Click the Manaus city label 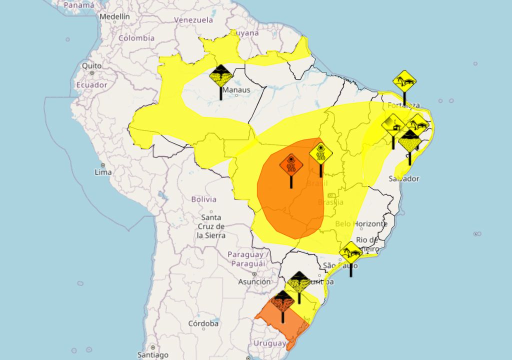pos(236,90)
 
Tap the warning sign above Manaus pos(220,76)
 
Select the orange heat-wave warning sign pos(291,164)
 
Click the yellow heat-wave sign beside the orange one pos(320,153)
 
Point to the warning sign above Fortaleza pos(404,81)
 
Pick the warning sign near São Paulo pos(350,253)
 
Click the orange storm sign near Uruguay pos(283,301)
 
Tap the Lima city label pos(103,171)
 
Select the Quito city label pos(92,66)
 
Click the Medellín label pos(114,16)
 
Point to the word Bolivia pos(204,199)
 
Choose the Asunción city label pos(254,282)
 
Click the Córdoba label pos(203,324)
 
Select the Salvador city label pos(404,178)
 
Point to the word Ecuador pos(92,85)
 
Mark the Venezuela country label pos(193,20)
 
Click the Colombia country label pos(136,38)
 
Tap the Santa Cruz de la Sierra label pos(211,226)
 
